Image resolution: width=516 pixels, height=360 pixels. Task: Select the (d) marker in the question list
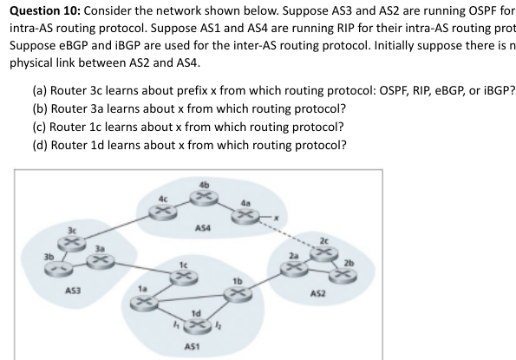coord(41,145)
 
